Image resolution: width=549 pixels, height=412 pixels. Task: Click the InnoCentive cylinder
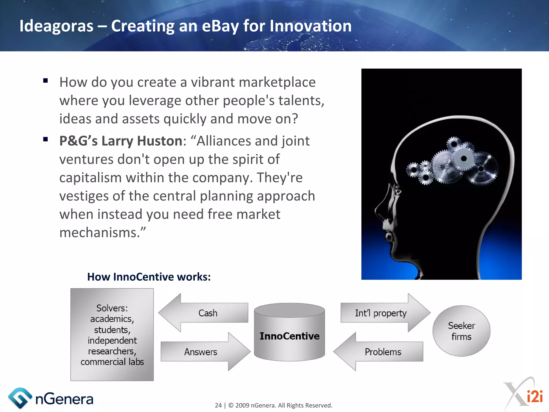pos(290,336)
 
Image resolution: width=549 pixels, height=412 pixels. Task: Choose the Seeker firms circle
pos(461,331)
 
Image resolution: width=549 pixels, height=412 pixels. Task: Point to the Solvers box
pos(112,334)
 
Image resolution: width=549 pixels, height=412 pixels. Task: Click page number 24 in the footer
pos(218,405)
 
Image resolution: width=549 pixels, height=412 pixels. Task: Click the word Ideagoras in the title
pos(56,26)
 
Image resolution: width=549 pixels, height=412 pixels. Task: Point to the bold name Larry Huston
pos(142,141)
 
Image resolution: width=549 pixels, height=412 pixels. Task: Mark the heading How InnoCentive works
pos(149,277)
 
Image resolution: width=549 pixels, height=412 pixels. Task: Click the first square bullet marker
pos(45,80)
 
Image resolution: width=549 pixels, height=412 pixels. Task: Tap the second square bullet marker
pos(45,139)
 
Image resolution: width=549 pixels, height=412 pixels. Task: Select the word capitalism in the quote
pos(90,178)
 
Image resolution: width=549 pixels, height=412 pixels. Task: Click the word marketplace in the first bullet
pos(277,82)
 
